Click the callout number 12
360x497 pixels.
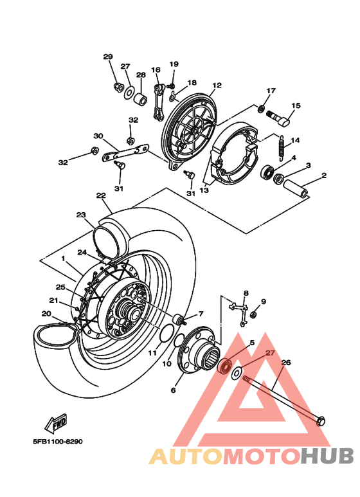tap(217, 85)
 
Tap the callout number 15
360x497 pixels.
tap(296, 105)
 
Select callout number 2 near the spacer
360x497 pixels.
tap(324, 175)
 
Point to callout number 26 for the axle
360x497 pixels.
tap(286, 363)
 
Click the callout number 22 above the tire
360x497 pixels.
tap(101, 195)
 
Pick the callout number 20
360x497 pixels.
tap(46, 314)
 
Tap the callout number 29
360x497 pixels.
tap(108, 57)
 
